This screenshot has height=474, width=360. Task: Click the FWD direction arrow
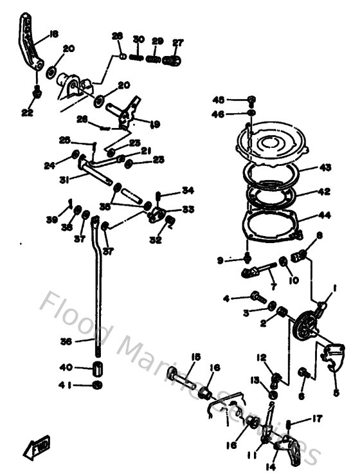(x=40, y=444)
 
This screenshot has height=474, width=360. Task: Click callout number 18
(x=53, y=34)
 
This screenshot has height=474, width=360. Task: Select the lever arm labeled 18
(x=28, y=45)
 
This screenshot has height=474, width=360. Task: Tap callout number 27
(x=177, y=43)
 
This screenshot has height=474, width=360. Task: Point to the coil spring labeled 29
(x=154, y=59)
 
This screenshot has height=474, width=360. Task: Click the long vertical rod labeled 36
(x=97, y=289)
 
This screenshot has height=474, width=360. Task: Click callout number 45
(x=219, y=100)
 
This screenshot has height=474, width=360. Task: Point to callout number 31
(x=64, y=180)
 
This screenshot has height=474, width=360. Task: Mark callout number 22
(x=26, y=113)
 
